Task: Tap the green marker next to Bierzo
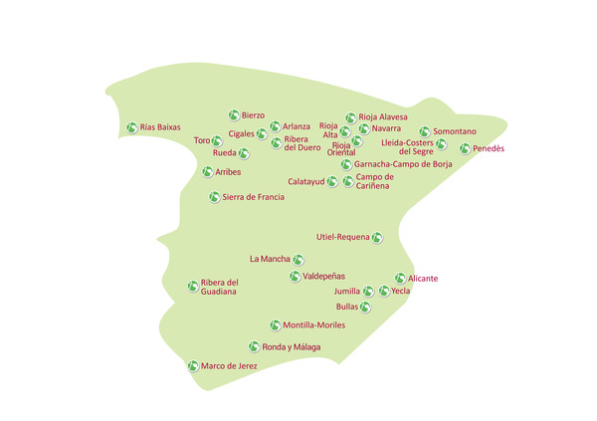234,115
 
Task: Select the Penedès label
489,148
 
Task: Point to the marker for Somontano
425,131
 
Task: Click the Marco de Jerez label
229,366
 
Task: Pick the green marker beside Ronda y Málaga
254,346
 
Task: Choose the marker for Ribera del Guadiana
193,287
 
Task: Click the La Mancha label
270,260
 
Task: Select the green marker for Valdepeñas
296,276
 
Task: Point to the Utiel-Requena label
341,237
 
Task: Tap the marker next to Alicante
400,279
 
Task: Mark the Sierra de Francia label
253,197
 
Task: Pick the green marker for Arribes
208,171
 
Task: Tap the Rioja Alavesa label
383,117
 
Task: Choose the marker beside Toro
217,141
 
